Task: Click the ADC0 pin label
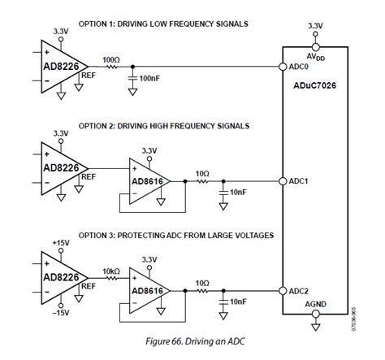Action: tap(299, 68)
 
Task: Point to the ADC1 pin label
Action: tap(299, 180)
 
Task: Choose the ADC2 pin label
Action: tap(299, 291)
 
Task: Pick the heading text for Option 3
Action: tap(175, 236)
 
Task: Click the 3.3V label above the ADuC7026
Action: tap(316, 26)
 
